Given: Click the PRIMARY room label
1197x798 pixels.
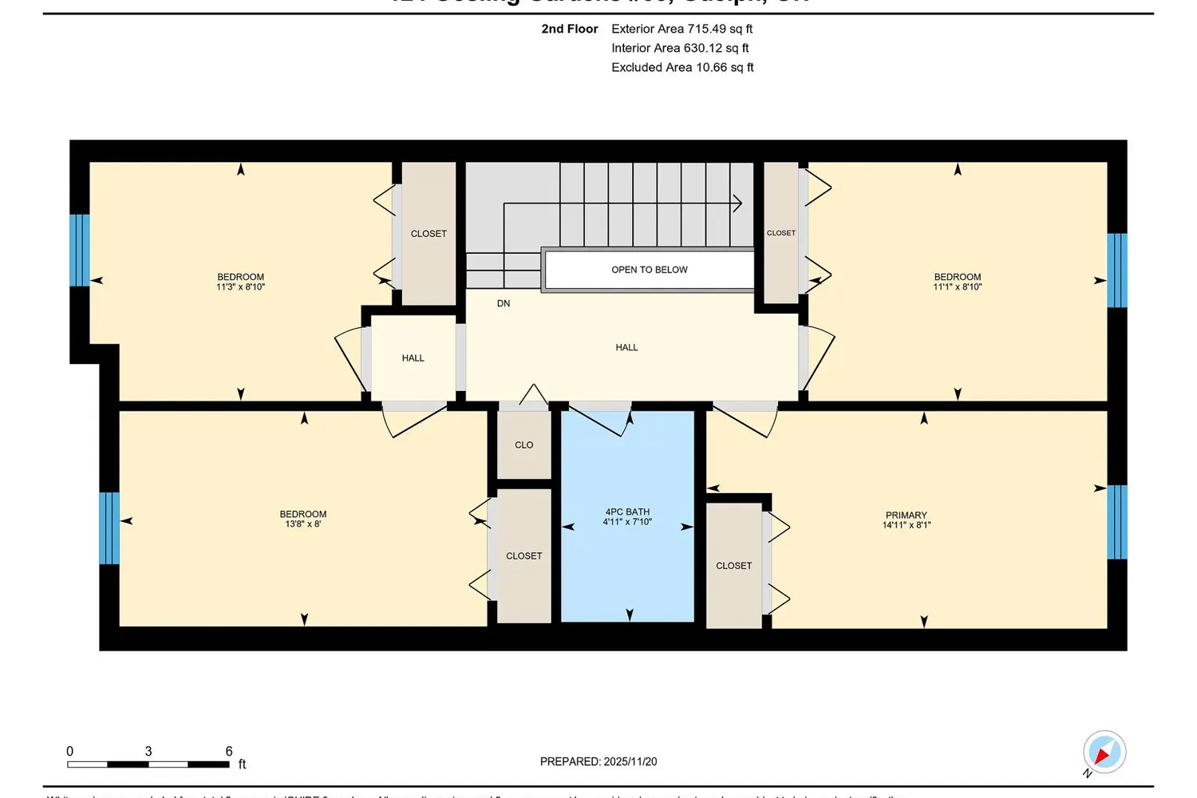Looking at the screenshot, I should pos(906,516).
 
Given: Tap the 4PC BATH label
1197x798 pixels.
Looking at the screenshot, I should pos(627,512).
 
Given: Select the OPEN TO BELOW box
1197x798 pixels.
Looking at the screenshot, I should pos(649,270).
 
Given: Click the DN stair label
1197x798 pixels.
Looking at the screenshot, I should pos(504,303).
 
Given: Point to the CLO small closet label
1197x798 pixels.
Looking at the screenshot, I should pos(523,445).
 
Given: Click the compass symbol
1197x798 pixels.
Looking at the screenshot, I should pos(1104,752).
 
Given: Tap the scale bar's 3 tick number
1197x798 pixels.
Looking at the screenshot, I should pos(148,752).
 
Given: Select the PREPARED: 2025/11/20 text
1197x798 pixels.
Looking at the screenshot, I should pos(598,762).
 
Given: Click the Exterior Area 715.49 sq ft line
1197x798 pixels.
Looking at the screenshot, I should pos(681,29).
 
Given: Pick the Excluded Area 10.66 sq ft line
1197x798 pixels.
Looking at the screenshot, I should pos(682,67).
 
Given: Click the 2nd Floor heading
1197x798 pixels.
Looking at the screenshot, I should pos(569,29).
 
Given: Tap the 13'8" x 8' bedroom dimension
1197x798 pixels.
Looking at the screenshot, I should pos(303,524).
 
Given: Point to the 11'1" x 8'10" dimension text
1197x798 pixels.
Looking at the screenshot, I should pos(958,287).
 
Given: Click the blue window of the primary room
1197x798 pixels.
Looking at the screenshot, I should pos(1117,523).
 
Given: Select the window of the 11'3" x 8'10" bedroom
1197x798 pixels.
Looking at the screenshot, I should pos(80,250).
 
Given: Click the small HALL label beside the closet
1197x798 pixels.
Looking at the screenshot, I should pos(413,358).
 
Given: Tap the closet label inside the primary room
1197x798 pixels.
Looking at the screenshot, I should pos(733,566).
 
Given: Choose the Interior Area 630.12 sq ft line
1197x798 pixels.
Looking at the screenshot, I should pos(680,48).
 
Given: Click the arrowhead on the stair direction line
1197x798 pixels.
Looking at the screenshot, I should pos(737,203).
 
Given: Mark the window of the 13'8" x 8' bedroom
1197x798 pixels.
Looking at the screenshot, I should pos(109,528).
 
